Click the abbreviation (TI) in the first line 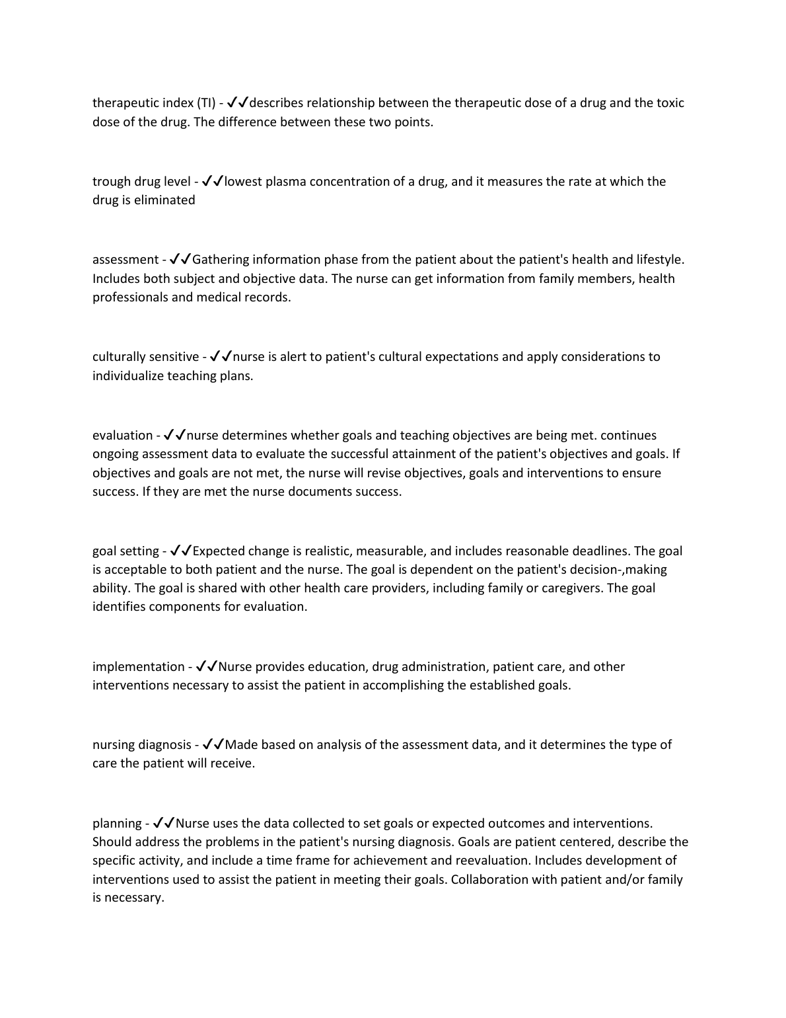(x=205, y=103)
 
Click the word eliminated (x=164, y=200)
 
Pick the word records (x=268, y=297)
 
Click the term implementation (x=139, y=667)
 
